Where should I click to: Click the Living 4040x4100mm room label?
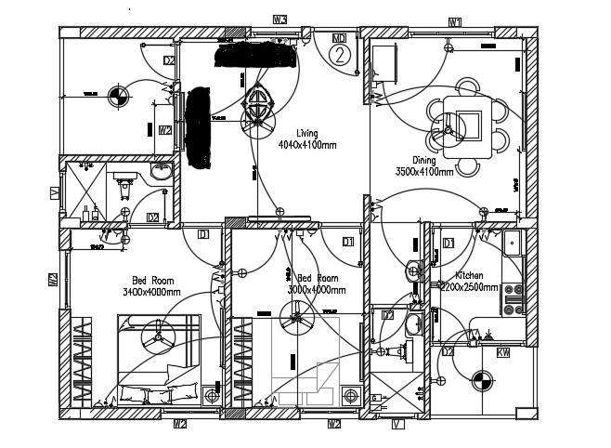point(306,139)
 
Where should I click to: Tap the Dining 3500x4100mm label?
point(424,165)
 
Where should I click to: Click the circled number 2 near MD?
point(341,55)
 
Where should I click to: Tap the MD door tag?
point(341,38)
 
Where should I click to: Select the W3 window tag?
point(279,20)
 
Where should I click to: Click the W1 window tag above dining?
point(456,20)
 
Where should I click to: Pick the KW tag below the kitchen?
point(504,353)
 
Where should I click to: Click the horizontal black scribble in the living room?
point(256,55)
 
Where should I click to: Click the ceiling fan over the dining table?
point(452,131)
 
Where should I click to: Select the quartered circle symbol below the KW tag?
point(481,379)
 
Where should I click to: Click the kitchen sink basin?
point(513,245)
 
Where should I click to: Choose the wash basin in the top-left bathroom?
point(161,172)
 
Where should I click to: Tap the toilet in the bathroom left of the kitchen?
point(406,351)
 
